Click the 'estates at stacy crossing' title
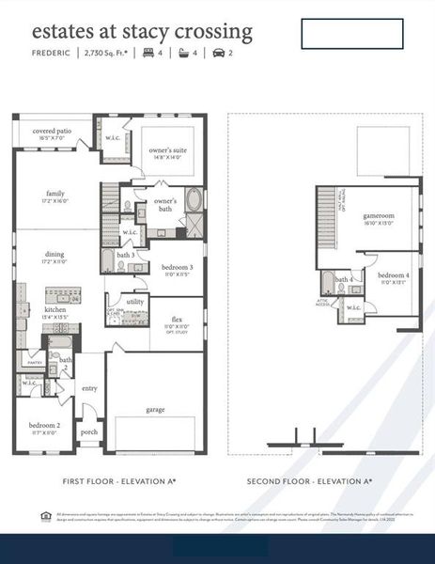(x=142, y=31)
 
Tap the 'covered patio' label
(x=53, y=132)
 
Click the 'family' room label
(x=55, y=194)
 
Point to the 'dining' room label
(x=55, y=254)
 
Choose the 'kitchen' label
(x=55, y=309)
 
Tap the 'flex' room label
(x=177, y=320)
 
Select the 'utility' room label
(x=135, y=302)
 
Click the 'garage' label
(x=155, y=410)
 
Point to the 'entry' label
(x=89, y=387)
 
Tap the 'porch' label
(x=89, y=432)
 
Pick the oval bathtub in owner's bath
(x=194, y=200)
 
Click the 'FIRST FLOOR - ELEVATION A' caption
(x=119, y=481)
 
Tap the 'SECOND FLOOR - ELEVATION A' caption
(x=309, y=481)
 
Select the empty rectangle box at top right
(x=351, y=33)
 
